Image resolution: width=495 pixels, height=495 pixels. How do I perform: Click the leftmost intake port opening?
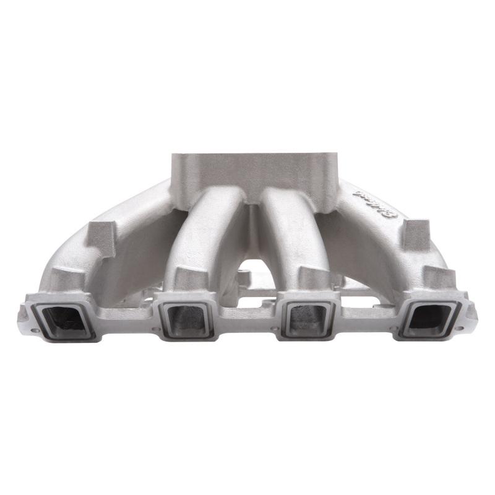(62, 319)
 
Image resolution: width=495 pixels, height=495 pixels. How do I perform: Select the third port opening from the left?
(308, 320)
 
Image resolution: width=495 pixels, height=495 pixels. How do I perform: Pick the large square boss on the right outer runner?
(416, 233)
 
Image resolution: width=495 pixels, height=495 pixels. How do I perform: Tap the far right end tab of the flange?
(471, 312)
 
